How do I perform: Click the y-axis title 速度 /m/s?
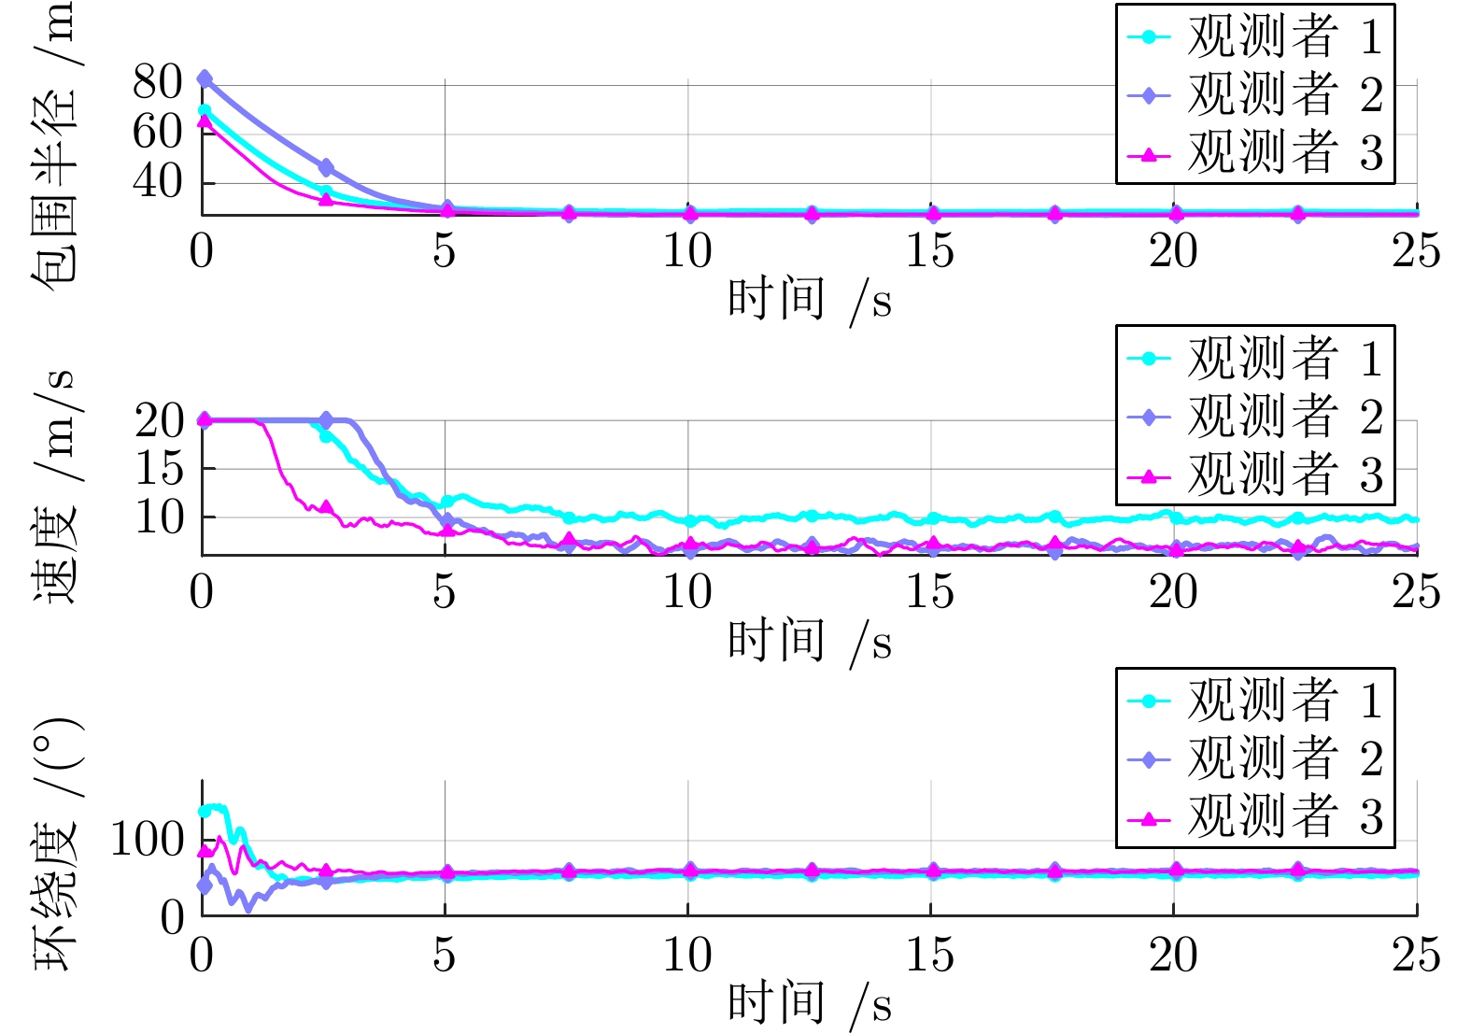(53, 486)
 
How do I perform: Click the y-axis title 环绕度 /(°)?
(53, 845)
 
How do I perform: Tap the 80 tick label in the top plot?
(157, 82)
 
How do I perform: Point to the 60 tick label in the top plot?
(157, 132)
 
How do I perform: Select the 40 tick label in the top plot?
(157, 182)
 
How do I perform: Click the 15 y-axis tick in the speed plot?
(160, 468)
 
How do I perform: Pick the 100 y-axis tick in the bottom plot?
(148, 840)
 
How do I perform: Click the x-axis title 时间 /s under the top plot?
(809, 301)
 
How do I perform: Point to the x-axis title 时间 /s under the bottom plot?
(809, 1004)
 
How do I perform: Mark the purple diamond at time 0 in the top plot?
(205, 78)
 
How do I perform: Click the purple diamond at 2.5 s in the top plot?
(325, 168)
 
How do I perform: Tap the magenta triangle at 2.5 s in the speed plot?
(325, 506)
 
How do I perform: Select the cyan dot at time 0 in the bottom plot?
(205, 811)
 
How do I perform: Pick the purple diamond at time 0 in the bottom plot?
(205, 885)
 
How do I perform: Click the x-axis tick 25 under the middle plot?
(1416, 592)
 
